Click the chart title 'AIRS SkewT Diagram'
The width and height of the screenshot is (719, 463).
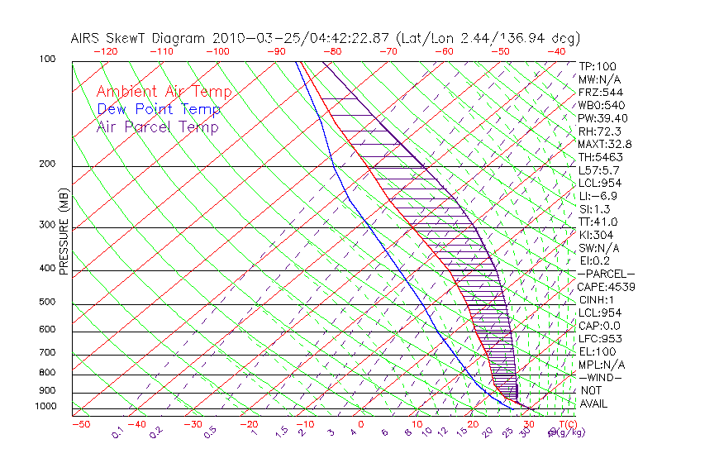pyautogui.click(x=140, y=38)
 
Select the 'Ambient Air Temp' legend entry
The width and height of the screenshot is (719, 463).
pyautogui.click(x=164, y=93)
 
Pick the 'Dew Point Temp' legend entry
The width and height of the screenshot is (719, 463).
pyautogui.click(x=159, y=110)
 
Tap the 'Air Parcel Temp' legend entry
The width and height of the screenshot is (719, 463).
pyautogui.click(x=157, y=127)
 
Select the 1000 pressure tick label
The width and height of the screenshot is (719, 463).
pyautogui.click(x=46, y=407)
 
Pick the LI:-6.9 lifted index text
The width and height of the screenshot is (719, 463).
pyautogui.click(x=598, y=196)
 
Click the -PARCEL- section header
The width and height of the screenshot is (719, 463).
pyautogui.click(x=606, y=274)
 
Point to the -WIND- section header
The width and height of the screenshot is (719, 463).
pyautogui.click(x=601, y=377)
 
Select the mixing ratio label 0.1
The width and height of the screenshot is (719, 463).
pyautogui.click(x=117, y=431)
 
